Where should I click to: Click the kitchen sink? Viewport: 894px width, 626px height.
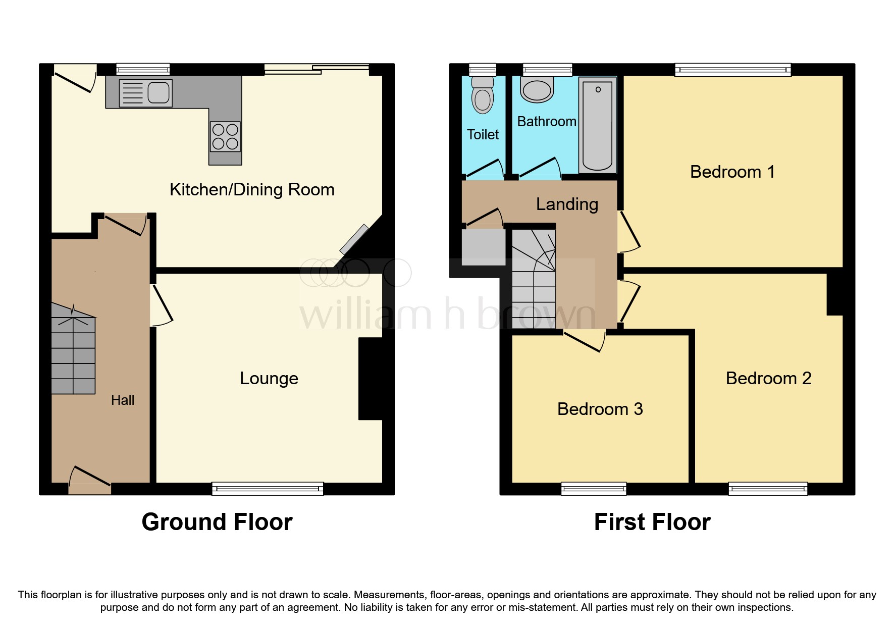146,93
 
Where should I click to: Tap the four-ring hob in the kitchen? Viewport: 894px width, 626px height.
225,136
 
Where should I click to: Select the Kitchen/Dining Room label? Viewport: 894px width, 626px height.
252,190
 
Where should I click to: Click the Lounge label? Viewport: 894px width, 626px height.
269,379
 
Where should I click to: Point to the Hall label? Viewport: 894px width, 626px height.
123,400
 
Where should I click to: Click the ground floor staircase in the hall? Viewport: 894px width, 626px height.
73,353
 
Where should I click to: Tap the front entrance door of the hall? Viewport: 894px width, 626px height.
89,482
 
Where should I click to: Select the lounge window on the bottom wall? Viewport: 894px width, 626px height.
268,488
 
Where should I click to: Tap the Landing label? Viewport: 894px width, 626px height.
567,204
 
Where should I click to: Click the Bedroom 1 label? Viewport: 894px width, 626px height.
732,172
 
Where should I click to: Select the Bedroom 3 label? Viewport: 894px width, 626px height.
600,409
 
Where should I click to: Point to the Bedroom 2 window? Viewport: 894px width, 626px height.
768,488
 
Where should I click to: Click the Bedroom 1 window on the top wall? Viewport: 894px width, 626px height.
732,70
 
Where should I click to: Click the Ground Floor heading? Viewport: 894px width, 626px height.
217,522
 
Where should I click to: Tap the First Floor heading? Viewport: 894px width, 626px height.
652,522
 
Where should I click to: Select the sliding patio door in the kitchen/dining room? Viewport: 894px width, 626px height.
317,70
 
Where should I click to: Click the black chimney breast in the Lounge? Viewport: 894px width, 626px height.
370,379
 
